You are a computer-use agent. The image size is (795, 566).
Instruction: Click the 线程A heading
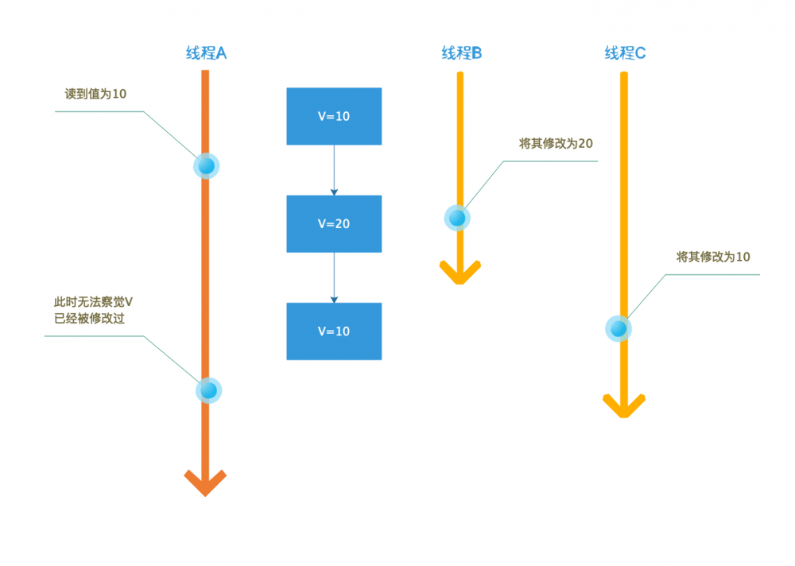tap(206, 54)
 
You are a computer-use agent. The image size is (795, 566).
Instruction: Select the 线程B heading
tap(462, 54)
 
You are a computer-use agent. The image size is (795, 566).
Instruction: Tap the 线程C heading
tap(625, 54)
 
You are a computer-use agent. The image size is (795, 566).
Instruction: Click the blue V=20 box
tap(334, 223)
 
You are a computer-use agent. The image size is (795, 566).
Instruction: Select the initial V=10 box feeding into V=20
tap(334, 116)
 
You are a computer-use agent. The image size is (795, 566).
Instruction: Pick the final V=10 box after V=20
tap(334, 331)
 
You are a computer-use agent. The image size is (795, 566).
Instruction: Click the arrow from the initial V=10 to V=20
tap(334, 170)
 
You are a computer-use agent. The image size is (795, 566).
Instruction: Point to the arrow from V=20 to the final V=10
tap(334, 277)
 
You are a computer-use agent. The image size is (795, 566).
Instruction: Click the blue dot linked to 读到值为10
tap(206, 165)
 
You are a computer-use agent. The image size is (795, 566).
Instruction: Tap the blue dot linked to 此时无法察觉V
tap(208, 390)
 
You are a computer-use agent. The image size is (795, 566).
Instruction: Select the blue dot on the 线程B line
tap(457, 217)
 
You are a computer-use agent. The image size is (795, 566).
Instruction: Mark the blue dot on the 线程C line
tap(619, 328)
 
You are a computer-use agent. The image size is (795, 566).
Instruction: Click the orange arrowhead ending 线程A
tap(205, 482)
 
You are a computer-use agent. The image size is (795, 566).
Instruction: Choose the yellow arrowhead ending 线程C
tap(624, 405)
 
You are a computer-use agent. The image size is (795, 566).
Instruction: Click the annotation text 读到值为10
tap(95, 94)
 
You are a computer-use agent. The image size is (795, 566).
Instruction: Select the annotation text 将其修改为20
tap(556, 144)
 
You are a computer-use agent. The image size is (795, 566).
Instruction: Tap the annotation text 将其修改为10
tap(713, 257)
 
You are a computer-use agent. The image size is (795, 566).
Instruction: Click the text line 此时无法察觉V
tap(92, 302)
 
